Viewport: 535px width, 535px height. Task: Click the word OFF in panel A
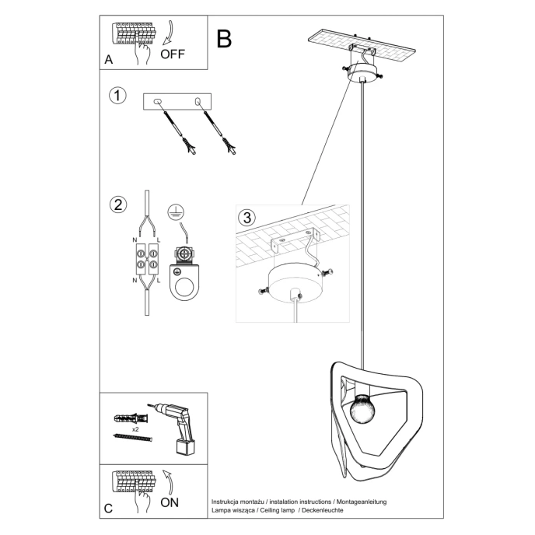point(173,54)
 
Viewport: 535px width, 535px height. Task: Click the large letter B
point(224,39)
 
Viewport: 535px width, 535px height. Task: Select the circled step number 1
point(117,96)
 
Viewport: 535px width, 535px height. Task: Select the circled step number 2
point(117,205)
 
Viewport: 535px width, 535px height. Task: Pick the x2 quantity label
point(135,428)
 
